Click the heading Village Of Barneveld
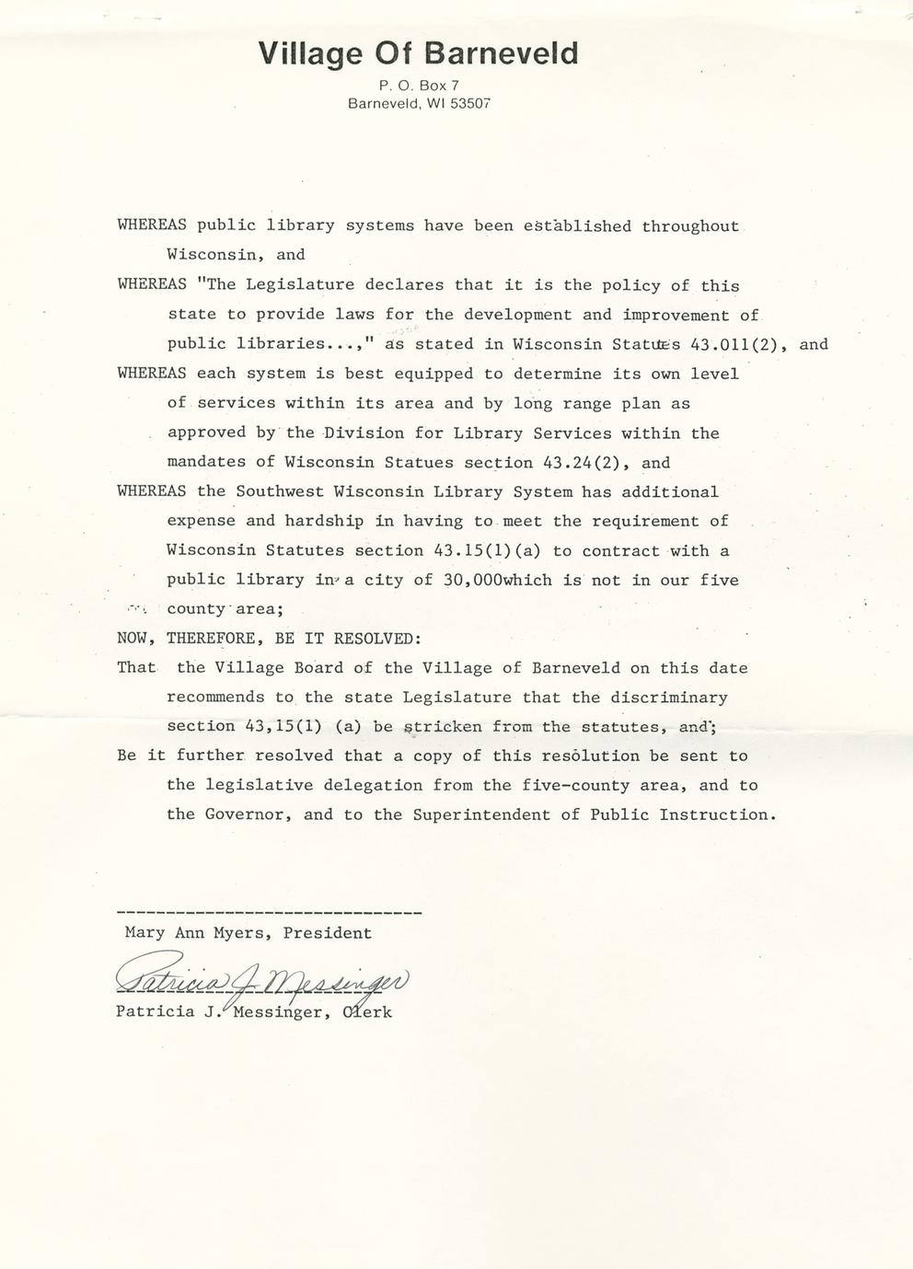(x=419, y=53)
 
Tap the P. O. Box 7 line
(x=419, y=86)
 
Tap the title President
(x=328, y=933)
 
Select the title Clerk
(x=367, y=1012)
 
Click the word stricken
(x=443, y=727)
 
